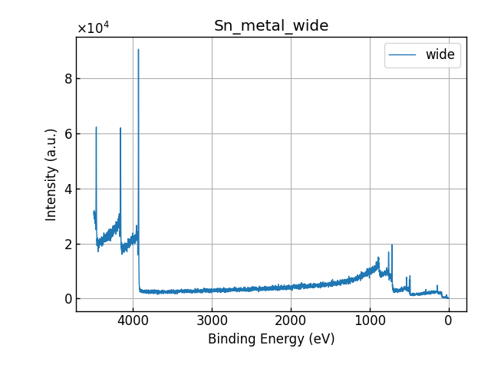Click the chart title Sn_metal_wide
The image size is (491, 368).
pyautogui.click(x=271, y=26)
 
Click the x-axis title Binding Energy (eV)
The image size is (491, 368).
pyautogui.click(x=271, y=339)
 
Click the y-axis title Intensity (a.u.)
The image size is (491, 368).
pyautogui.click(x=51, y=174)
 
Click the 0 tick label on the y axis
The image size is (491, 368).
pyautogui.click(x=68, y=299)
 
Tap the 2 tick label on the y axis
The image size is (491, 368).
pyautogui.click(x=68, y=244)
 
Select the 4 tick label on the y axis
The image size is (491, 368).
pyautogui.click(x=68, y=189)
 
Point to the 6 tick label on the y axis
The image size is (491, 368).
pyautogui.click(x=68, y=133)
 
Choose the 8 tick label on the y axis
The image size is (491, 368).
pyautogui.click(x=68, y=78)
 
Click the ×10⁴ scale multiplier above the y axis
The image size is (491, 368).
pyautogui.click(x=93, y=28)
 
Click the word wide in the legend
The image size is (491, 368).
pyautogui.click(x=440, y=54)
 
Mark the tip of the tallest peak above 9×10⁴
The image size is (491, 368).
pyautogui.click(x=138, y=50)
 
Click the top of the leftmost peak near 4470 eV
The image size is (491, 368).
pyautogui.click(x=96, y=127)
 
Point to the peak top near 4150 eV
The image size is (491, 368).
pyautogui.click(x=120, y=128)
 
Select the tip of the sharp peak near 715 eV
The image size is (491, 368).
pyautogui.click(x=392, y=245)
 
